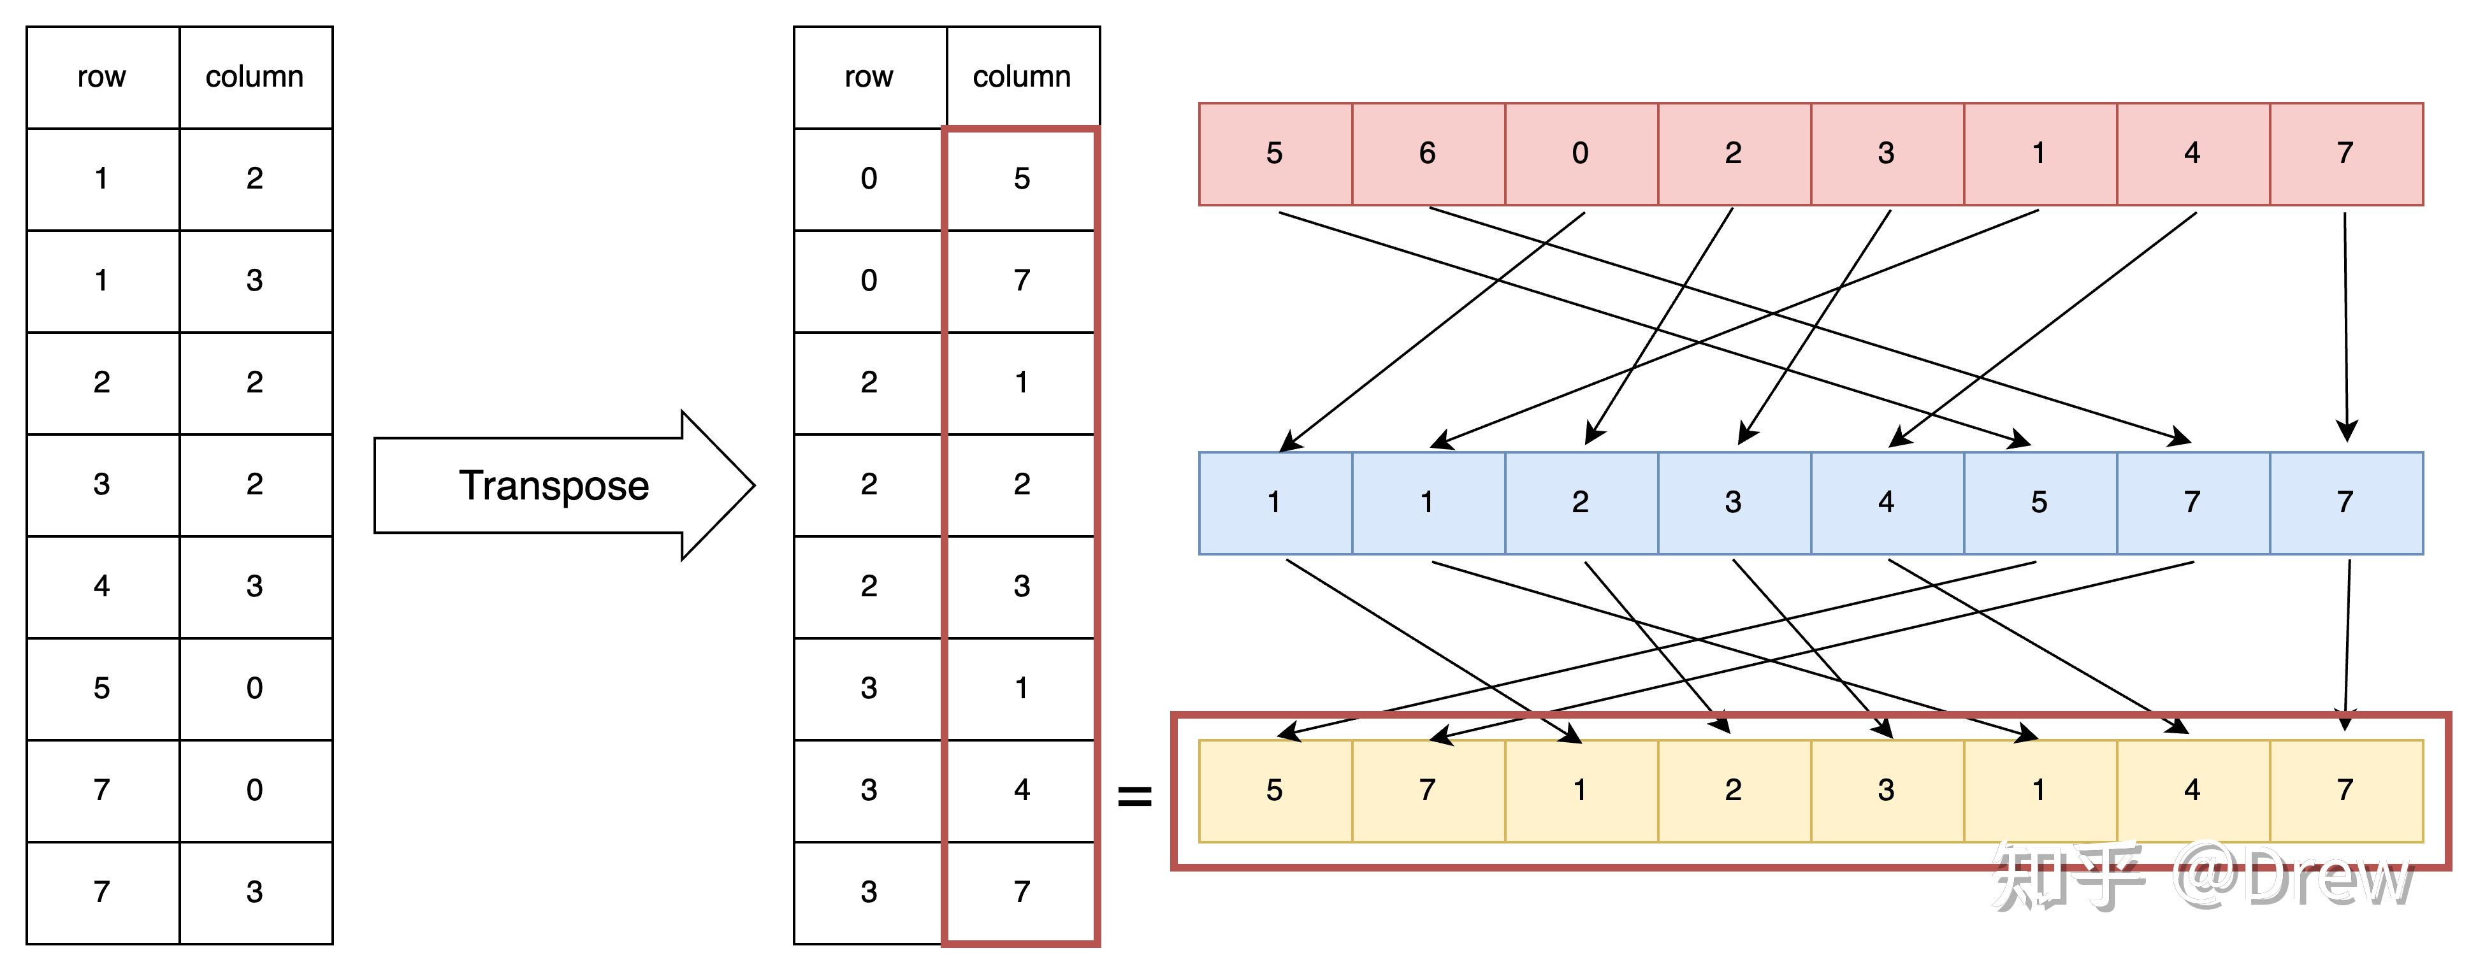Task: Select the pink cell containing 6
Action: click(x=1428, y=154)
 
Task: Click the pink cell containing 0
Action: click(x=1581, y=154)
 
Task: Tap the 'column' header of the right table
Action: click(x=1022, y=77)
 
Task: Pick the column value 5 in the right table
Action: click(x=1022, y=179)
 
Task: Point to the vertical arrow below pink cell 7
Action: click(x=2346, y=327)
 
